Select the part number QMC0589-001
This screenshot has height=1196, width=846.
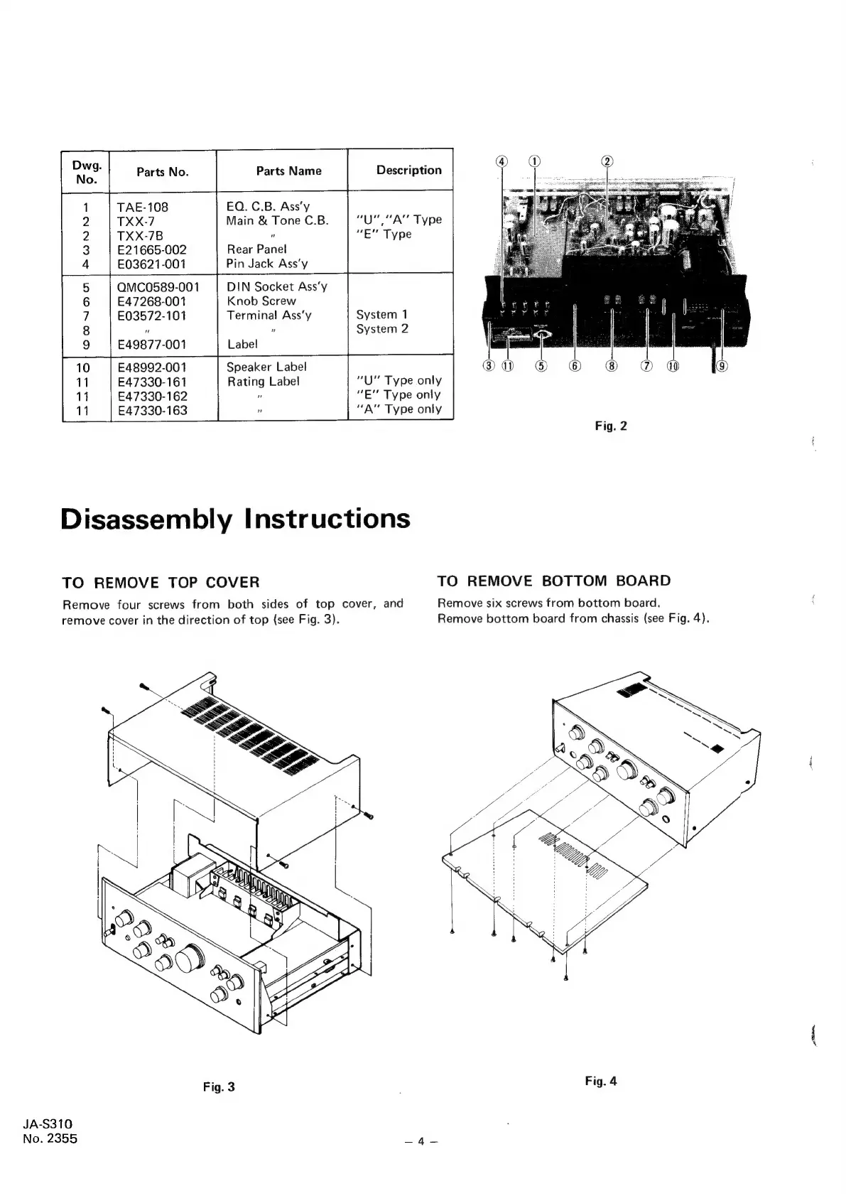tap(158, 287)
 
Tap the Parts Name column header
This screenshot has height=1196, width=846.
tap(288, 171)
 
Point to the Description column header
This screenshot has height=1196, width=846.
tap(408, 170)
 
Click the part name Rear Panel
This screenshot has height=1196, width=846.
tap(256, 249)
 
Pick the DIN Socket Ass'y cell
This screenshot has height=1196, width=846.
tap(276, 286)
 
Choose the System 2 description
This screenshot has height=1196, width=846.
tap(382, 329)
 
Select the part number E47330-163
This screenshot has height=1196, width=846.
tap(152, 410)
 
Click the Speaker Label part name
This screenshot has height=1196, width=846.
tap(266, 367)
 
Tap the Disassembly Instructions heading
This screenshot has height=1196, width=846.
tap(236, 518)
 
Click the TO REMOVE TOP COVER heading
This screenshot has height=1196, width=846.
tap(161, 583)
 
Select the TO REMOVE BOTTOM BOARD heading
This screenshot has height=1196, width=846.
tap(553, 581)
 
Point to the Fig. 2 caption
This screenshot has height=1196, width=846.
tap(611, 426)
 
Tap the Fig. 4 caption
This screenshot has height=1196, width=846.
tap(601, 1081)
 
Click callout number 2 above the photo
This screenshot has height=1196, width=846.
tap(607, 161)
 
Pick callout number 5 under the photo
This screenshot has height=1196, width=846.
tap(541, 366)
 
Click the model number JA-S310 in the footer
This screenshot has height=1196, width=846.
tap(48, 1124)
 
